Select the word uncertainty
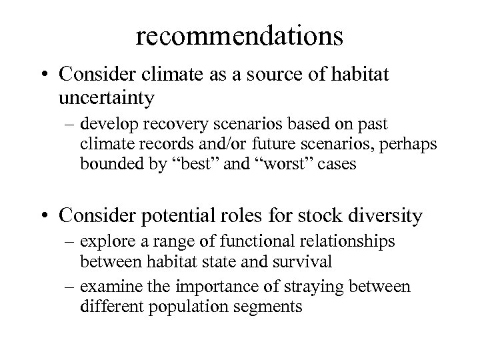[x=106, y=98]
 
